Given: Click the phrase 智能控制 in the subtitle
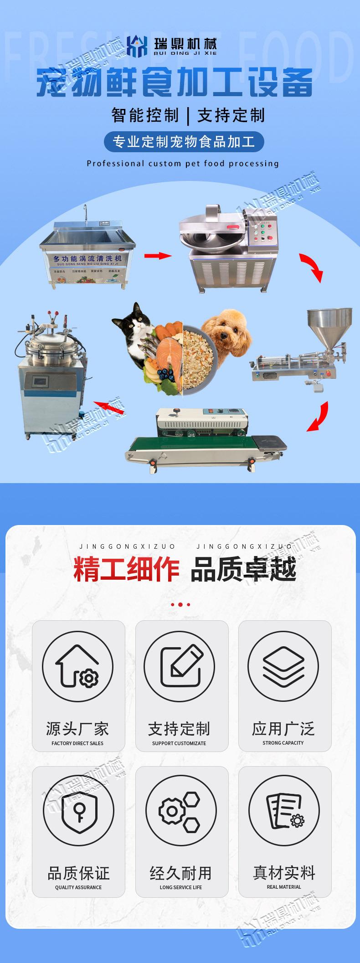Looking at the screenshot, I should pos(145,115).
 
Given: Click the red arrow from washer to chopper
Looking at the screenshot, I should pos(158,256).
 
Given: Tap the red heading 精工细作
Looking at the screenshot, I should pos(126,570).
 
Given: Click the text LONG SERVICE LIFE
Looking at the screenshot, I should pos(181,887).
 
